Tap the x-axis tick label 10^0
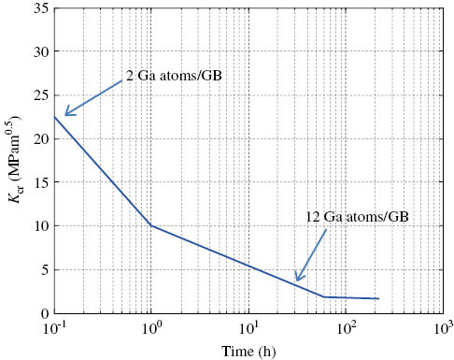tap(151, 328)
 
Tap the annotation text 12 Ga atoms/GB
tap(357, 217)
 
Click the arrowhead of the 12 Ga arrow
tap(297, 280)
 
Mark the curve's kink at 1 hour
tap(151, 225)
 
